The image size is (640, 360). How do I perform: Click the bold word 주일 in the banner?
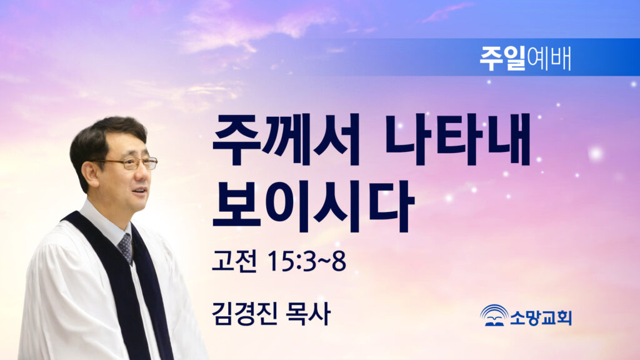[502, 58]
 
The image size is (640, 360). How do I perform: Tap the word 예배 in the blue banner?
[549, 59]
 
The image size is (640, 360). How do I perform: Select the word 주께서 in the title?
[286, 140]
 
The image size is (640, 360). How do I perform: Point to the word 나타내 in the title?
[457, 139]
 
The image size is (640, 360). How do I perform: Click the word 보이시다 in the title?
[313, 206]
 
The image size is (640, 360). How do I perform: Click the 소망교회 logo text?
[541, 317]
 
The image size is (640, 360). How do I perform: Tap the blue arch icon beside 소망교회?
[494, 315]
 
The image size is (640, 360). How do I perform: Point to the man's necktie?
[125, 247]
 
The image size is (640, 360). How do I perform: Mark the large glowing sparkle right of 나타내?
[596, 154]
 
